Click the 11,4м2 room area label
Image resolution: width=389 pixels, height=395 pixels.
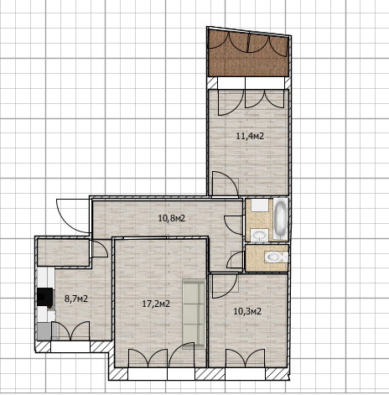[250, 137]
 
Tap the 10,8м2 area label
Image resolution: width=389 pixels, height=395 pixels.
[172, 218]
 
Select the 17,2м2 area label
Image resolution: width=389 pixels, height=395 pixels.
[156, 304]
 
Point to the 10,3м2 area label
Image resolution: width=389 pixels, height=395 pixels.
[247, 311]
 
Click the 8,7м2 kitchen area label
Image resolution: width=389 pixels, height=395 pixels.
[76, 299]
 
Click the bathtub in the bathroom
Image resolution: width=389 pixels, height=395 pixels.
[280, 219]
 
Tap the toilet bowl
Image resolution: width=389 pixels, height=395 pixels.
[276, 257]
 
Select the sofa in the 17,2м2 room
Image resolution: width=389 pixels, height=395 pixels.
[194, 314]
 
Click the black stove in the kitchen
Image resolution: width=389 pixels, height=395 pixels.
[45, 297]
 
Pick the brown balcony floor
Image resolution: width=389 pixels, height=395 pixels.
[248, 53]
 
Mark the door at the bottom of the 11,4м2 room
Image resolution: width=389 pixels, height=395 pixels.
[226, 184]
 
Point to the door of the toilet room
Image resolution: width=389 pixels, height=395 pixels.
[235, 259]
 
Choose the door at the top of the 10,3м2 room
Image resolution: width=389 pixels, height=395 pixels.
[225, 286]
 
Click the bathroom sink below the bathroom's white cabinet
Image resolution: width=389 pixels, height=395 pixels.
[260, 235]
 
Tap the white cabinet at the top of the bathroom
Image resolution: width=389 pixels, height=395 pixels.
[259, 205]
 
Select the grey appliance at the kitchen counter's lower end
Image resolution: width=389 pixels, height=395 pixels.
[44, 331]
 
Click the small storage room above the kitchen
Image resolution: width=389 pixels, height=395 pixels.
[64, 252]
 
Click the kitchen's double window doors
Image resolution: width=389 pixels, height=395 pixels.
[70, 331]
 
